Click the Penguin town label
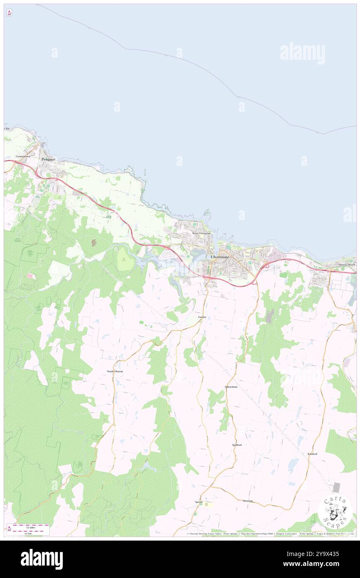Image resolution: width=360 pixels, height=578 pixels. [x=48, y=159]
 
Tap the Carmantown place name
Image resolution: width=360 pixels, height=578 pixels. [x=24, y=156]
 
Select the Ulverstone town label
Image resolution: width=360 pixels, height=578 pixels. [x=219, y=257]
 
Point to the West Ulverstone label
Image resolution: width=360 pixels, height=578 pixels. [x=201, y=234]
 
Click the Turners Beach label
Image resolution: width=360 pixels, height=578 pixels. [x=346, y=265]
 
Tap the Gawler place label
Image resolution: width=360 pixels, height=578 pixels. [x=202, y=317]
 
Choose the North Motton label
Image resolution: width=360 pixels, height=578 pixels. [x=115, y=371]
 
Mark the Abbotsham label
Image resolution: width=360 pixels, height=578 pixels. [x=231, y=387]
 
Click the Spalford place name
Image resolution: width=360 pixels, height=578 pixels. [x=237, y=445]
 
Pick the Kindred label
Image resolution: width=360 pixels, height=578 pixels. [x=312, y=454]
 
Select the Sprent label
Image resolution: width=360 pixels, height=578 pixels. [x=199, y=502]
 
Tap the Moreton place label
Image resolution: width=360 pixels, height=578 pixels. [x=248, y=501]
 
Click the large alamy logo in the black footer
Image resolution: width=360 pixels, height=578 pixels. [x=42, y=559]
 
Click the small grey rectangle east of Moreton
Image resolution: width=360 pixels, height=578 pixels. [x=336, y=488]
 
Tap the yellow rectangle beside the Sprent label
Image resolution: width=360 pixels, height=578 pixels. [x=208, y=504]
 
